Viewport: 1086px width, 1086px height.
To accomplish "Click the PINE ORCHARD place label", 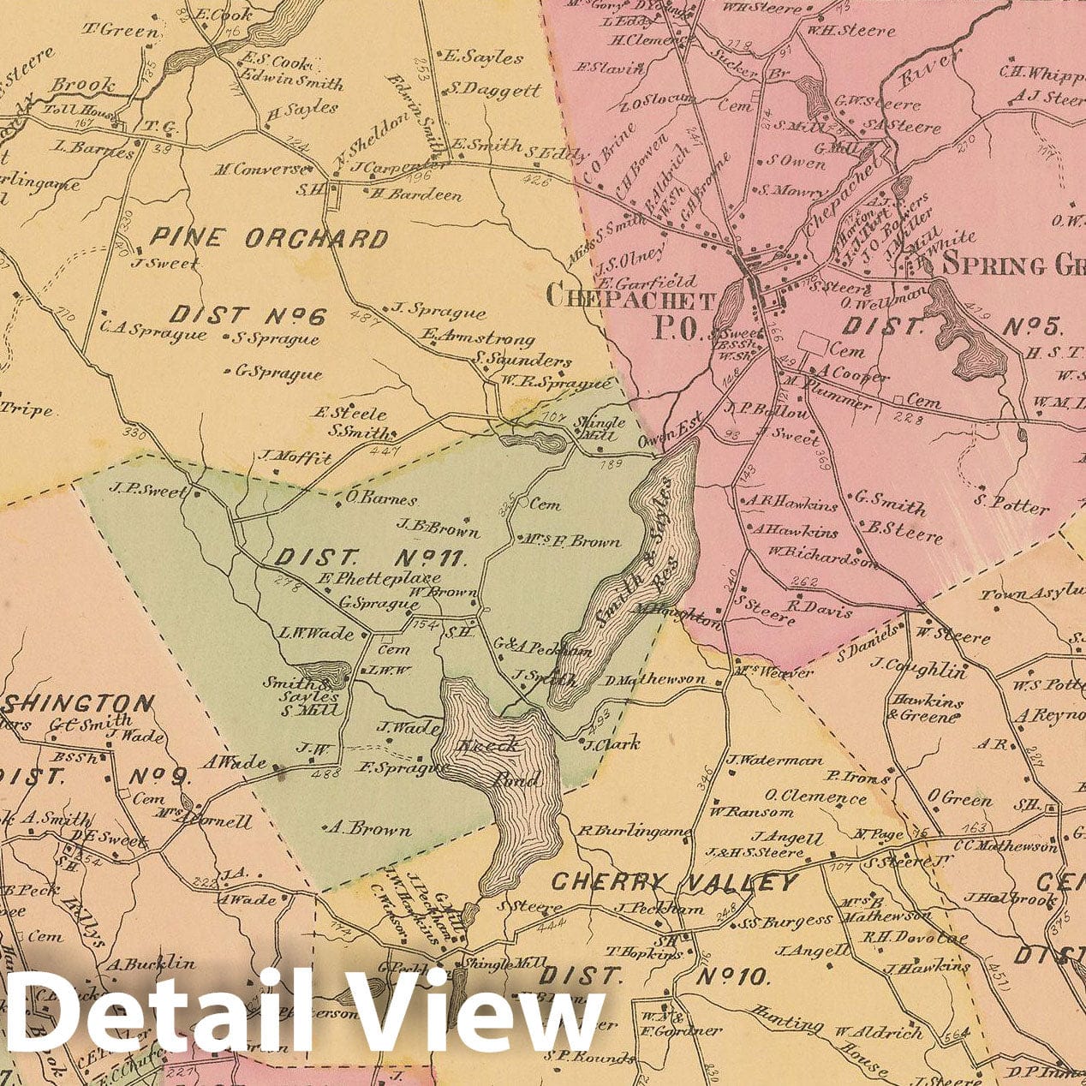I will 270,238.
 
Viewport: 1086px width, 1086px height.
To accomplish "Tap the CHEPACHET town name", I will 630,299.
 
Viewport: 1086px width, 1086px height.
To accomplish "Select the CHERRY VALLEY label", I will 674,883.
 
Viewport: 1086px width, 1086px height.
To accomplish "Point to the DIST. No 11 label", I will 370,559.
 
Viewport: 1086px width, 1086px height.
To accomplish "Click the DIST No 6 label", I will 248,316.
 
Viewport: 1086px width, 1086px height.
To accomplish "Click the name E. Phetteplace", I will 369,581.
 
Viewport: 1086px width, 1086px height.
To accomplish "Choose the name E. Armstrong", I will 477,339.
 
